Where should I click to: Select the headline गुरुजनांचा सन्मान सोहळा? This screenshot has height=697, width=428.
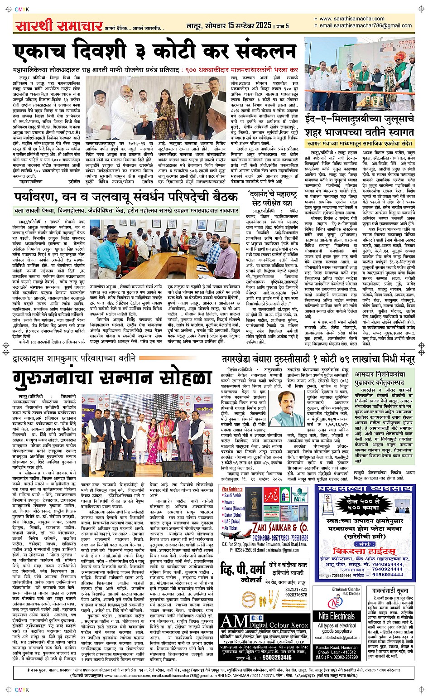coord(113,378)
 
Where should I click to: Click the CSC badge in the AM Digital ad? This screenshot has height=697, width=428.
coord(257,617)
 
